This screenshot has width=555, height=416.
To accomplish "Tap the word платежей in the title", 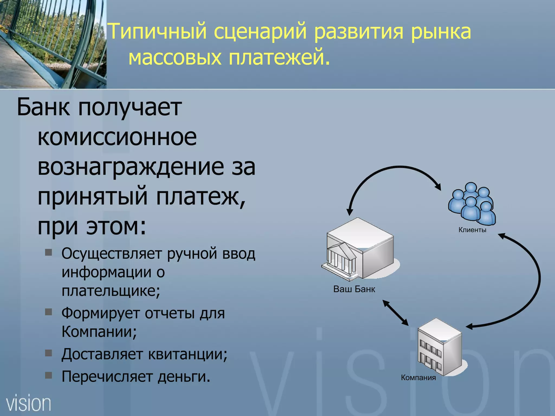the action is (279, 57).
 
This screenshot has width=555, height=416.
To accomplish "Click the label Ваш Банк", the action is (354, 289).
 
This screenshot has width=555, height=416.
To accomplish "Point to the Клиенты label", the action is (472, 230).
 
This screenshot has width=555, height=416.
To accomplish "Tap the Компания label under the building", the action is (418, 378).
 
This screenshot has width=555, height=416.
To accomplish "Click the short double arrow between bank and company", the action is (396, 313).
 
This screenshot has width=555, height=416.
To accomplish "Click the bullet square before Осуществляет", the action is (49, 253).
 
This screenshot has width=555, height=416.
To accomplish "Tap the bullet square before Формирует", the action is (49, 312).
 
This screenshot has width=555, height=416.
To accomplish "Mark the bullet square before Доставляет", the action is (49, 353).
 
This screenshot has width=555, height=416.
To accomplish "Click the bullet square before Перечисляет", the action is (49, 375).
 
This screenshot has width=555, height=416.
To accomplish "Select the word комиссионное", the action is (117, 137).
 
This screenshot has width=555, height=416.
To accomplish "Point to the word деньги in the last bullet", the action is (184, 376).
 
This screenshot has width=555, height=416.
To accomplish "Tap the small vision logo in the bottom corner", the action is (28, 404).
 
